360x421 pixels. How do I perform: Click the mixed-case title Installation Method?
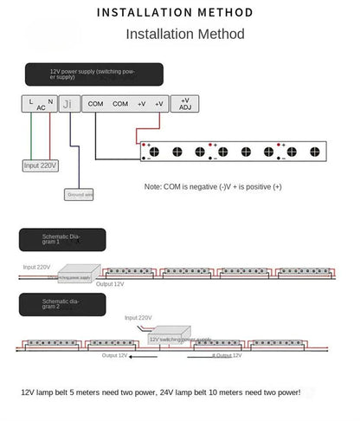[x=185, y=35]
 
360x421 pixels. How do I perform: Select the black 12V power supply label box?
[x=80, y=74]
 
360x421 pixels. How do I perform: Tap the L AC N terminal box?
[x=40, y=103]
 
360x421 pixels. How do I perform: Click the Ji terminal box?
[x=70, y=103]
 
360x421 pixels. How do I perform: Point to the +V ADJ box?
[x=184, y=103]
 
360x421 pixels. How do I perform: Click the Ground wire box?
[x=79, y=196]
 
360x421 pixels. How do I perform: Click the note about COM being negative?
[x=213, y=186]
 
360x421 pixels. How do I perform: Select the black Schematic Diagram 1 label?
[x=62, y=239]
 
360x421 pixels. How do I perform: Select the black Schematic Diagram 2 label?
[x=62, y=303]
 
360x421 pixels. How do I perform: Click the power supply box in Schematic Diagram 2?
[x=179, y=338]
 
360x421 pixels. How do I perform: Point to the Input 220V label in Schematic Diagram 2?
[x=138, y=318]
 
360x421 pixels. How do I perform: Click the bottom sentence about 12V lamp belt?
[x=161, y=392]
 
